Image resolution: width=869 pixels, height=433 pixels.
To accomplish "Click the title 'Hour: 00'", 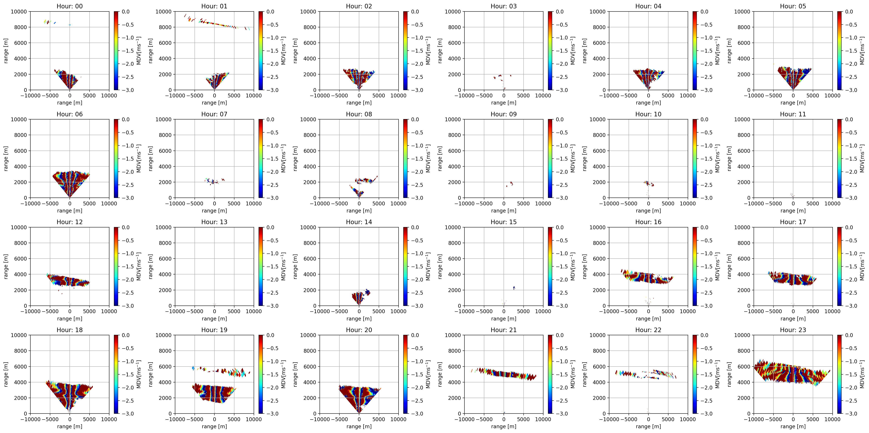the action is [x=70, y=6].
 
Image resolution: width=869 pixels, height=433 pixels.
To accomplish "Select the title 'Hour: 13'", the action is [x=214, y=222].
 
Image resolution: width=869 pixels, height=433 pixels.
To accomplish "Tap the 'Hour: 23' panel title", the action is [x=793, y=330].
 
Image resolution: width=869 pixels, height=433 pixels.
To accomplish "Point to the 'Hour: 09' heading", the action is [x=503, y=114].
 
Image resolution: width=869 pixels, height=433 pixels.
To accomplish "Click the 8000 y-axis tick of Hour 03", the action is [x=454, y=27].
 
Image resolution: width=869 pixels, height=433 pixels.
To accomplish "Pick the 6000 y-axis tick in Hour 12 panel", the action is [x=21, y=259].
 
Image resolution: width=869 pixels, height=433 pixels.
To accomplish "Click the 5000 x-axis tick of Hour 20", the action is [x=379, y=419].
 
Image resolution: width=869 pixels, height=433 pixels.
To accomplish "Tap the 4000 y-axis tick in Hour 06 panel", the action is [x=21, y=166].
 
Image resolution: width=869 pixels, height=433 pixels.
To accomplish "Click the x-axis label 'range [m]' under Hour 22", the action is [x=648, y=426].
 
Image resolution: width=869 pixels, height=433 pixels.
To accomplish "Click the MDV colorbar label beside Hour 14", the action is [x=428, y=266].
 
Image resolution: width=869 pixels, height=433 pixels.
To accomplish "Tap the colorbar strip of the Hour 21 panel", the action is [x=550, y=374].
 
